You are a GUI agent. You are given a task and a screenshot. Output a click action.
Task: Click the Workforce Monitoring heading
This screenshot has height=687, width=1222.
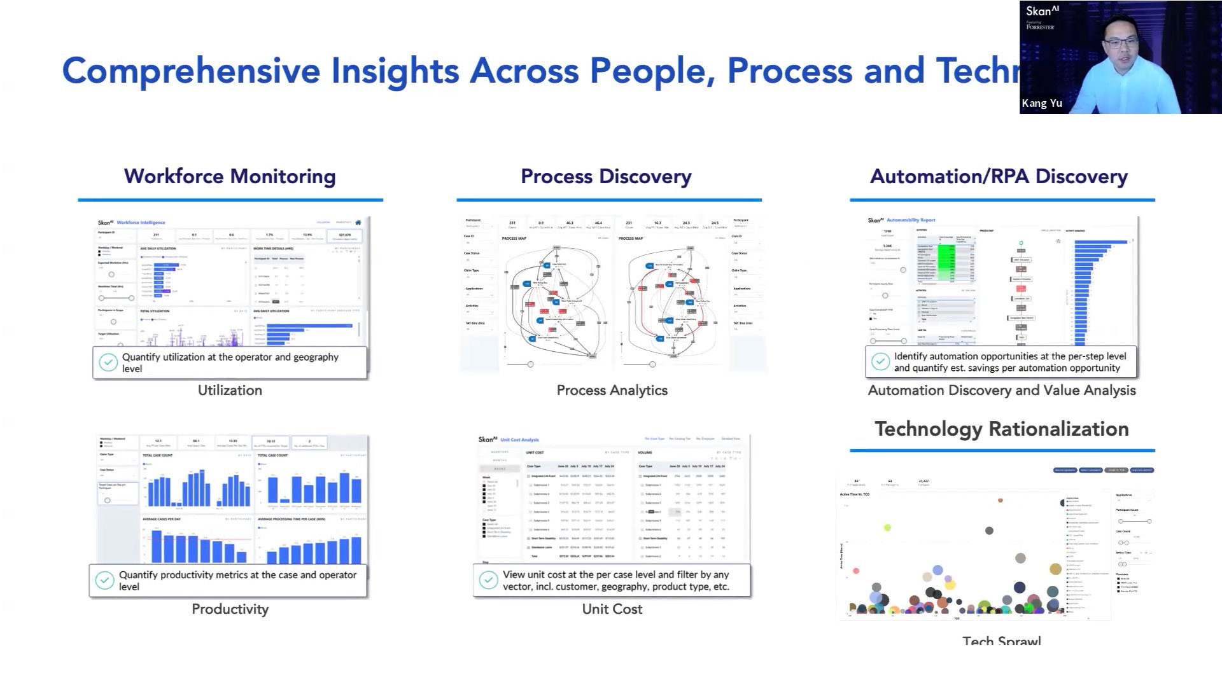click(x=230, y=176)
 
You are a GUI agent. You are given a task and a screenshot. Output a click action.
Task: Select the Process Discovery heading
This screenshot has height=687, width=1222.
click(x=606, y=176)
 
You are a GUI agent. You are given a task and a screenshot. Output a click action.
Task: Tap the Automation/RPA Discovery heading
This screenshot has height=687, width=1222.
click(x=999, y=176)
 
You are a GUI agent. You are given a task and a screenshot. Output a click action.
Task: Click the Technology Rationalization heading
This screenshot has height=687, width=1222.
click(x=1001, y=429)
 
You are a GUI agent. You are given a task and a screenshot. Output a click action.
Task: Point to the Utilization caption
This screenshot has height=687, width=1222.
click(x=230, y=390)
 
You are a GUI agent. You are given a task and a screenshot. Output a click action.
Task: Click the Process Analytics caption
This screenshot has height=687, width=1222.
click(x=612, y=390)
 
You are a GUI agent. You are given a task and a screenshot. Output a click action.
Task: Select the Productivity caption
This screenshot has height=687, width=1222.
click(x=230, y=609)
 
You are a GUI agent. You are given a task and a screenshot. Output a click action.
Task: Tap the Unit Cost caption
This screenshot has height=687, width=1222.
click(x=612, y=609)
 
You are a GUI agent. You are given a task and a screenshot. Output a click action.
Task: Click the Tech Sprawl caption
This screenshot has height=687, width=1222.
click(x=1001, y=640)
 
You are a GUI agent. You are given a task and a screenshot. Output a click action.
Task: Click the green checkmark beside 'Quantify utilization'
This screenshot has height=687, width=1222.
click(x=108, y=363)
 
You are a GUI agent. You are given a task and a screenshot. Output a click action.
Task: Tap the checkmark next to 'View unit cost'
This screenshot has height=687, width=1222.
click(x=488, y=580)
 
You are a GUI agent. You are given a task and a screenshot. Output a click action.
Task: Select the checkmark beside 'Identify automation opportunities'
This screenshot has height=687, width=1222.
click(x=880, y=361)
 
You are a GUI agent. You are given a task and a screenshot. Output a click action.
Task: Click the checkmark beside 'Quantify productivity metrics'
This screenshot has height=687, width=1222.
click(x=104, y=580)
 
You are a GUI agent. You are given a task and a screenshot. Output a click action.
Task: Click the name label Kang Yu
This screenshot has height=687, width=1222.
click(x=1042, y=103)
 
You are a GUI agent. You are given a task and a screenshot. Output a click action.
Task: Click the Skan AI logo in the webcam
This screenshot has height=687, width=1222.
click(x=1042, y=11)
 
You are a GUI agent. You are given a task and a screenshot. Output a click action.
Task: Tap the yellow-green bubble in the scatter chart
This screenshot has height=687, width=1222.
click(x=887, y=527)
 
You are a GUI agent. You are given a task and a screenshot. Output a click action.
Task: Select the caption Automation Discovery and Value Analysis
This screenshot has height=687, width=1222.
click(x=1001, y=390)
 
